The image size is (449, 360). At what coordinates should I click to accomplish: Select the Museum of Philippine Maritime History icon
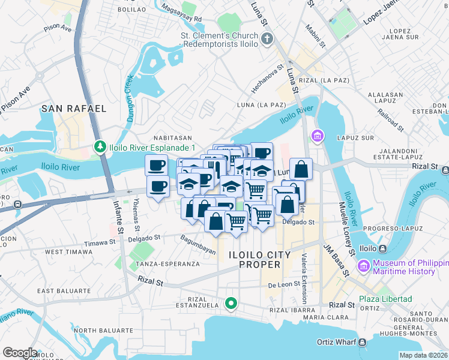click(363, 266)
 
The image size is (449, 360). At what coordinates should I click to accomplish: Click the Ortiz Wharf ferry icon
click(363, 343)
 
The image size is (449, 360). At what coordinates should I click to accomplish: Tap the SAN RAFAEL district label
click(74, 109)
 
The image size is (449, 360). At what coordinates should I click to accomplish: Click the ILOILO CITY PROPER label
click(259, 260)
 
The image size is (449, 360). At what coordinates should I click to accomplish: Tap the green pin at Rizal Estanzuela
click(231, 304)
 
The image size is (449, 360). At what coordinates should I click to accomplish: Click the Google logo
click(20, 353)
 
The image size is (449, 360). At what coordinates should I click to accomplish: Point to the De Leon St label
click(283, 285)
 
